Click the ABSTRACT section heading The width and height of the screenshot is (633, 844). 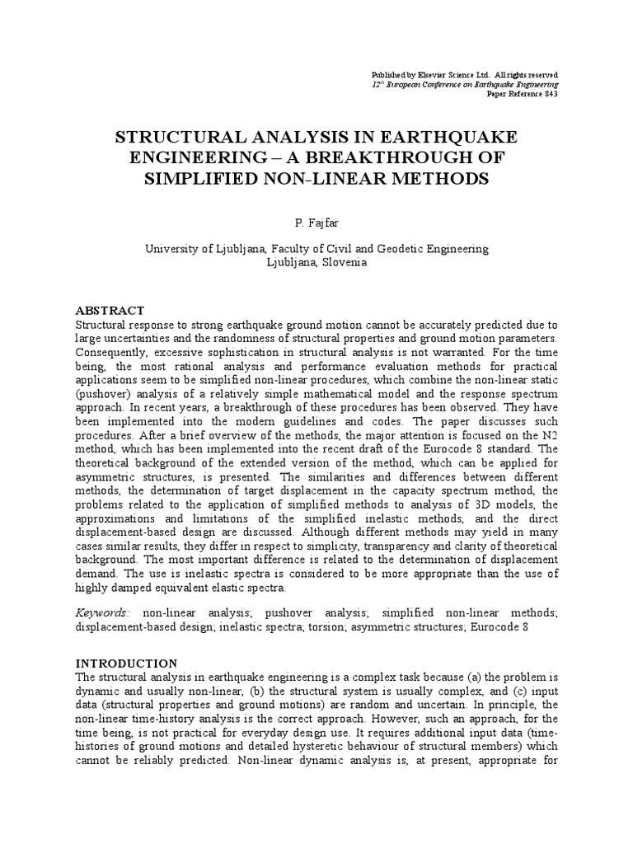[110, 311]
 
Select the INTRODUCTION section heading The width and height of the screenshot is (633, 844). [126, 663]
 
